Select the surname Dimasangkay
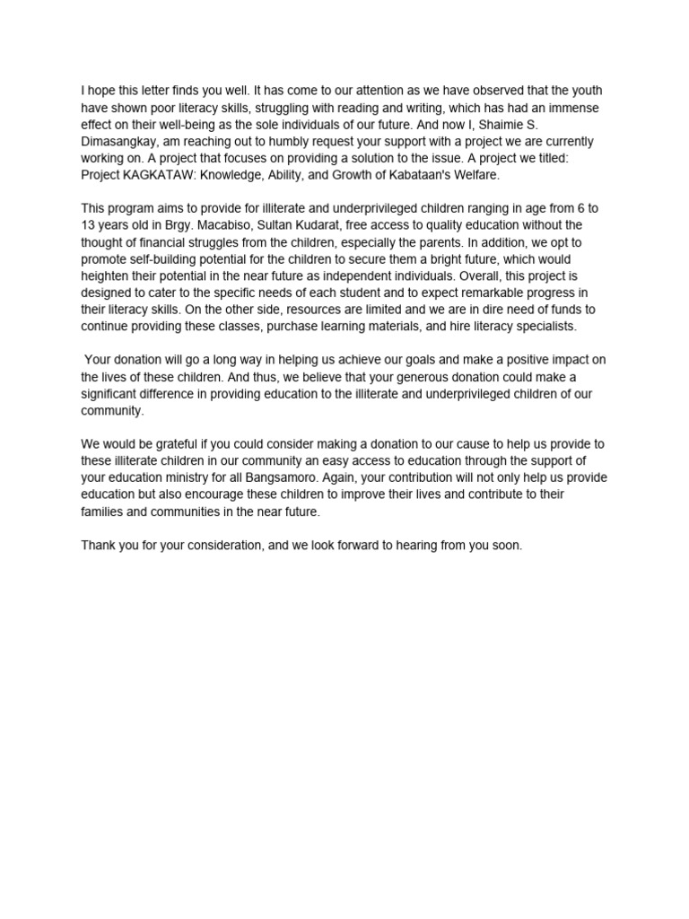118,142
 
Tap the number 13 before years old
88,225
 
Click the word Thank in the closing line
98,545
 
